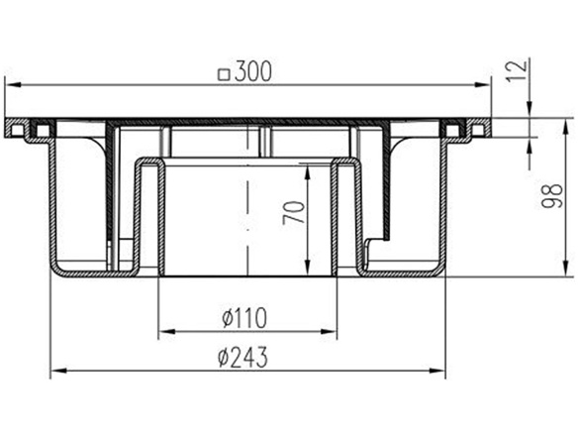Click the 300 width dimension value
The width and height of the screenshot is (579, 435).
pyautogui.click(x=253, y=71)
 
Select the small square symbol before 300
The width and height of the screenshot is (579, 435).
pyautogui.click(x=224, y=72)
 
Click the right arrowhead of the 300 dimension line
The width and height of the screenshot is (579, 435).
pyautogui.click(x=485, y=87)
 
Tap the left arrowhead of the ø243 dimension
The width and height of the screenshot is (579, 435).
pyautogui.click(x=57, y=371)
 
